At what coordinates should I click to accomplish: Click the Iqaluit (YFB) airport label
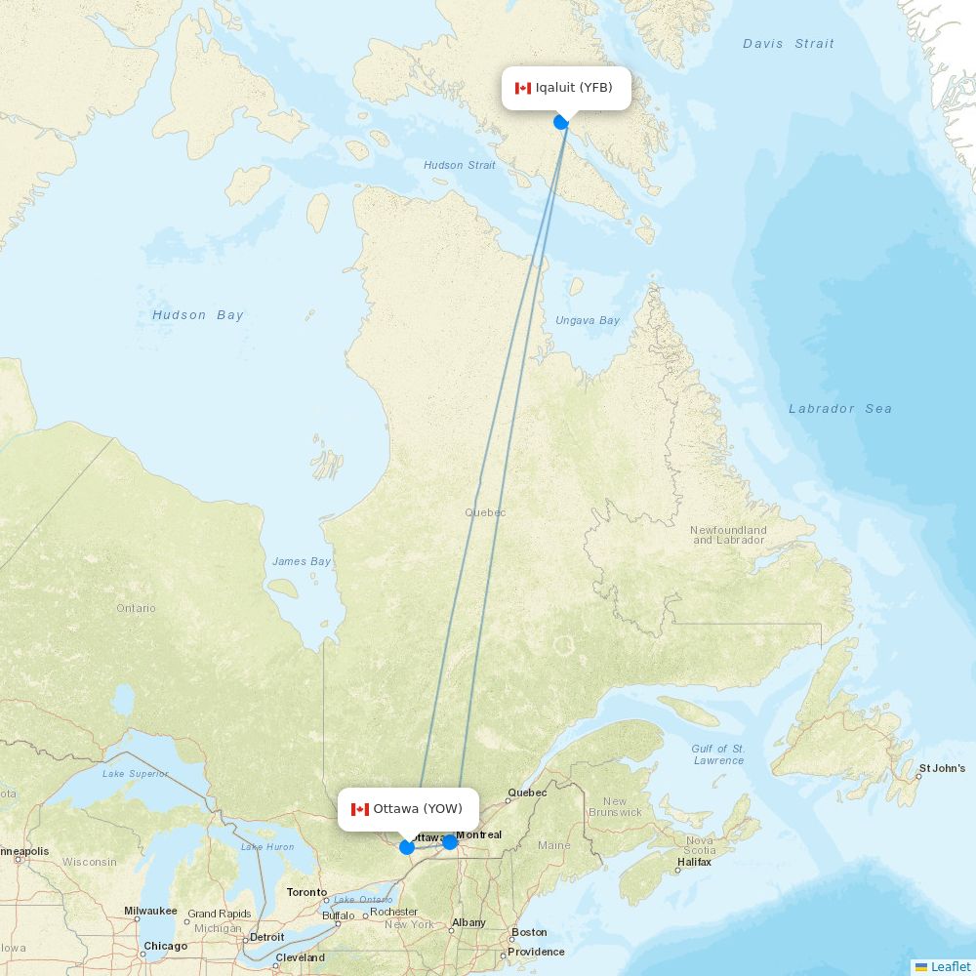coord(566,88)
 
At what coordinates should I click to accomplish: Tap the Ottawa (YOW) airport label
coord(409,809)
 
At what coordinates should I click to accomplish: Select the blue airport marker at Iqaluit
coord(561,121)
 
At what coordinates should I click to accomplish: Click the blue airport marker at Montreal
coord(450,841)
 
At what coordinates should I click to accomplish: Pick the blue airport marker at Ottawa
coord(407,846)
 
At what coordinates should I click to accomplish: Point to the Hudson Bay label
coord(198,315)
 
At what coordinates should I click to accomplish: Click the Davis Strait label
coord(789,44)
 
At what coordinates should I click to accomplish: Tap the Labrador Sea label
coord(840,409)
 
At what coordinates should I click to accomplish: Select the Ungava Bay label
coord(588,320)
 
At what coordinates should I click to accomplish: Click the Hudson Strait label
coord(460,165)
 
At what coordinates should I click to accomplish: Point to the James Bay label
coord(302,561)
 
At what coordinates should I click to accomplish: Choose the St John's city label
coord(942,768)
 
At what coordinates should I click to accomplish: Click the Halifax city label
coord(694,862)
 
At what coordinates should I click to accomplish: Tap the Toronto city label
coord(306,892)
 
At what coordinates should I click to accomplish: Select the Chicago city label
coord(166,946)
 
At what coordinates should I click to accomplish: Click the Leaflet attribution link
coord(950,966)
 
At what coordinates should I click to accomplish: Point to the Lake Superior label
coord(135,774)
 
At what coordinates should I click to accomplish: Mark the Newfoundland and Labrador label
coord(728,535)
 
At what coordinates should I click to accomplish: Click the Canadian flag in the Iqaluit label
coord(523,88)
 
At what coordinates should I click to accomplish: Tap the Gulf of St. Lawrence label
coord(718,754)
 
